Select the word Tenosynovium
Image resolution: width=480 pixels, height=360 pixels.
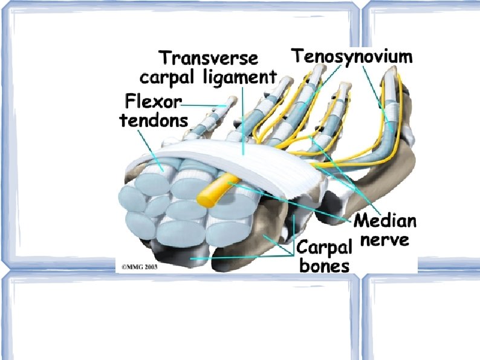point(352,56)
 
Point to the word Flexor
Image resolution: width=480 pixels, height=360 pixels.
point(152,100)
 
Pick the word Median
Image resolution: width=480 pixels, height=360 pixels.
point(384,220)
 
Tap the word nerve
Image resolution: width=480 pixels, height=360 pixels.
point(385,239)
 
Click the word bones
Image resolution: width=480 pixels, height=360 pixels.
point(324,266)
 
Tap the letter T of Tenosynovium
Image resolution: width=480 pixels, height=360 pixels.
point(298,56)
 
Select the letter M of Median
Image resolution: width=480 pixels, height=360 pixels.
point(362,220)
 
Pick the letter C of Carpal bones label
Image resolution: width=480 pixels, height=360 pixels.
point(302,248)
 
